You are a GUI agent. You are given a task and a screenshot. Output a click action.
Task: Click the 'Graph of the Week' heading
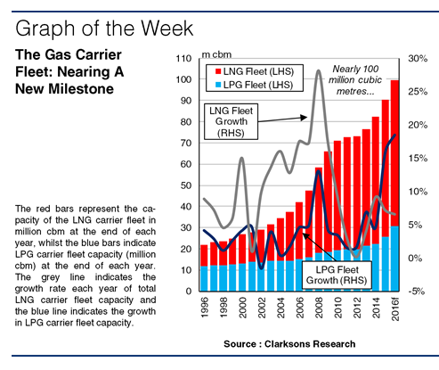coord(104,29)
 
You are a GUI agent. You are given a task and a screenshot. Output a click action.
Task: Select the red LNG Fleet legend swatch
coord(218,71)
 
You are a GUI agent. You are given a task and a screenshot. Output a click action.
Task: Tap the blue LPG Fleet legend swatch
coord(218,85)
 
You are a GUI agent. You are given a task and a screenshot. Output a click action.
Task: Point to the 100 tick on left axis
coord(183,79)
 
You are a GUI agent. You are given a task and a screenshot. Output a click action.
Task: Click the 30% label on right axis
coord(418,58)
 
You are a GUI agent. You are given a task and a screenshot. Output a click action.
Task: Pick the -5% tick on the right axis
coord(417,292)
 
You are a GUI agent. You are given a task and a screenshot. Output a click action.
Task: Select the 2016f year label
coord(395,310)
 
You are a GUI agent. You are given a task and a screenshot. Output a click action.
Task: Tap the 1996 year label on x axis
coord(205,308)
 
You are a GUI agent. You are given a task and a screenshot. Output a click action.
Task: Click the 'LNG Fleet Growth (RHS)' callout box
coord(231,121)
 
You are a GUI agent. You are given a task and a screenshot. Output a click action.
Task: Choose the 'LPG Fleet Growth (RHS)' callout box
coord(337,275)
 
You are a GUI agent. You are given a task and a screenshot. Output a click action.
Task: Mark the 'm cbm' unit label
coord(216,54)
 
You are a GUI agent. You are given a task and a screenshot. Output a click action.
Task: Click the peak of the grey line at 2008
coord(319,70)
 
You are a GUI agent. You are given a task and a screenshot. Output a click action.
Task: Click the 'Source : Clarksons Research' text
coord(289,344)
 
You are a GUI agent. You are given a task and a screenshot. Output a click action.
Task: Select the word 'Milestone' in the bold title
coord(81,89)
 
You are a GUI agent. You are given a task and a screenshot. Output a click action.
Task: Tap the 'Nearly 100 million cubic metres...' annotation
coord(355,80)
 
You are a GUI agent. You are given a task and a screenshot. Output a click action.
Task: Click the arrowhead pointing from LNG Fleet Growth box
coord(304,118)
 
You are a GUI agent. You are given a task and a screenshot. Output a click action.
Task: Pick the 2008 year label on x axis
coord(319,308)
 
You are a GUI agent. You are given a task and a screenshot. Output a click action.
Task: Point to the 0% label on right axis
coord(415,258)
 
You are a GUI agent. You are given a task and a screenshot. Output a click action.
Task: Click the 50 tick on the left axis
coord(186,185)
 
